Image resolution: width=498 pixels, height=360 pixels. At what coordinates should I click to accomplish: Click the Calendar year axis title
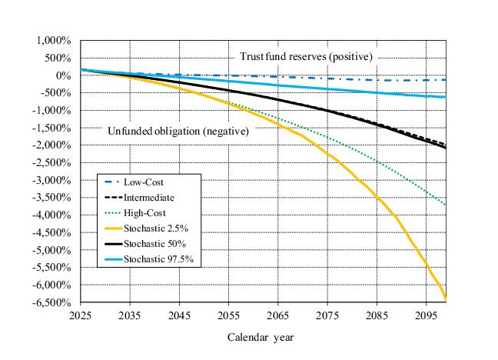[x=261, y=337]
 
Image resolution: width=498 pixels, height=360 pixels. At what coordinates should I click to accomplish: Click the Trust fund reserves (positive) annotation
[x=305, y=57]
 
